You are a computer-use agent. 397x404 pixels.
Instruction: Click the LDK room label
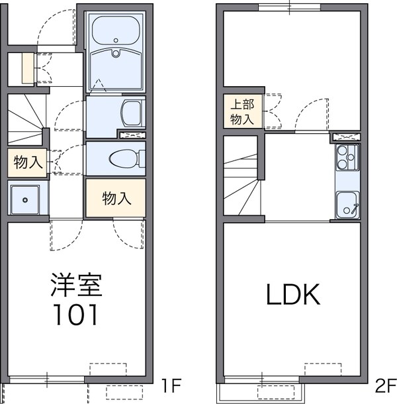pyautogui.click(x=293, y=295)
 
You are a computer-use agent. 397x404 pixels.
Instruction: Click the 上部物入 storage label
pyautogui.click(x=242, y=111)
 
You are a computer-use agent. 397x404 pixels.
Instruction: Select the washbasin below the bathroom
pyautogui.click(x=132, y=113)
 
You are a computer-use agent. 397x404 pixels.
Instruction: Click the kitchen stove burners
pyautogui.click(x=346, y=158)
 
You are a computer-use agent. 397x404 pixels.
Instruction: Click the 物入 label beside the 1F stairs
pyautogui.click(x=27, y=163)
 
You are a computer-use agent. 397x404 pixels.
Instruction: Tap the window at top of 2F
pyautogui.click(x=288, y=7)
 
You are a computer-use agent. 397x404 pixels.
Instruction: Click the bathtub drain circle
pyautogui.click(x=115, y=54)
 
